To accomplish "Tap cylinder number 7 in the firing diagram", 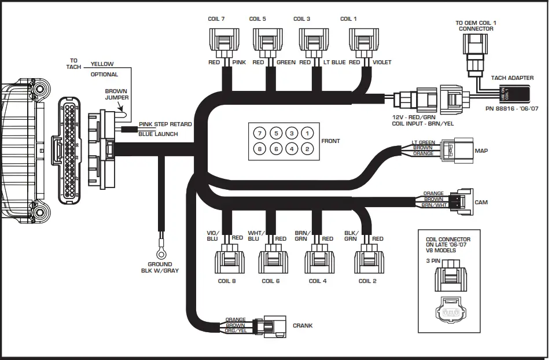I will tap(260, 134).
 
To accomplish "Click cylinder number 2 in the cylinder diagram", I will tap(308, 149).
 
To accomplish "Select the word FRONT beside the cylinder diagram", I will tap(331, 141).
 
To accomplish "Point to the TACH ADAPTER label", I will tap(512, 78).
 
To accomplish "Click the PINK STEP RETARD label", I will tap(165, 124).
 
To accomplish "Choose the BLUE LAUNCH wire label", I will tap(158, 134).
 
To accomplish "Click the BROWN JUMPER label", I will tap(116, 94).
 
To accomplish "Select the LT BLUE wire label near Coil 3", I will tap(335, 63).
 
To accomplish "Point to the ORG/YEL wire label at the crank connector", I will tap(236, 330).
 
